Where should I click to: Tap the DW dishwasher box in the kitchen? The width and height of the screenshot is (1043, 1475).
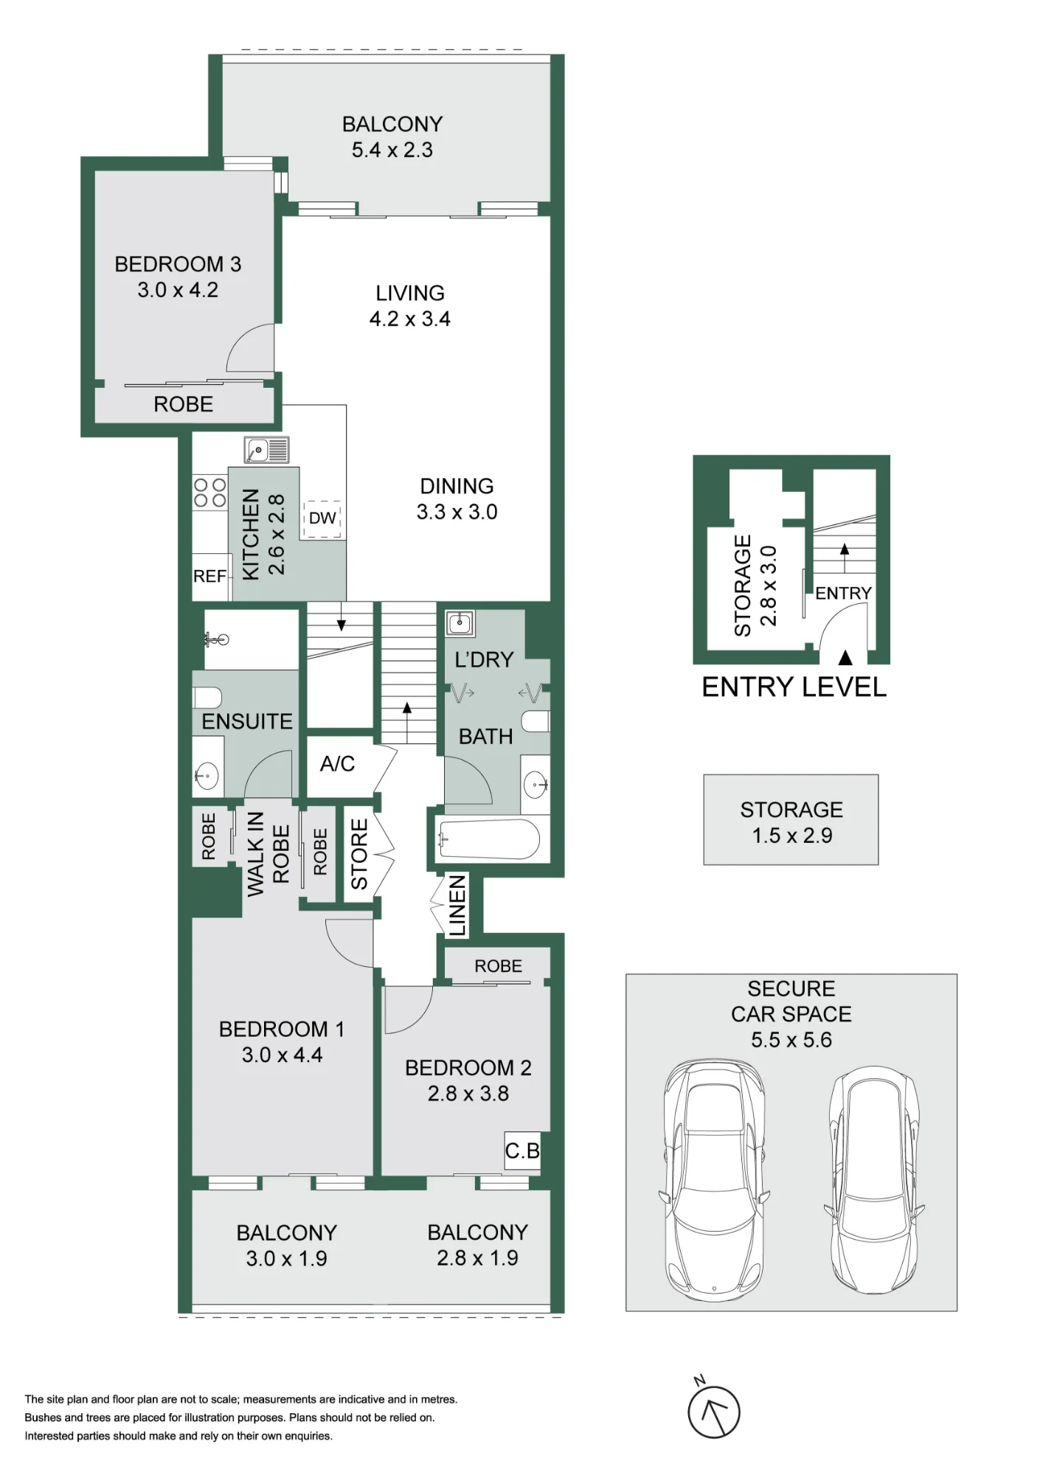[322, 517]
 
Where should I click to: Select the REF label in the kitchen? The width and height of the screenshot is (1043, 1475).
[209, 576]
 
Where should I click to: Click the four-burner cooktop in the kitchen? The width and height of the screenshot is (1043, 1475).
[209, 493]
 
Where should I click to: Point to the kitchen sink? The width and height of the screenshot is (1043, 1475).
[267, 450]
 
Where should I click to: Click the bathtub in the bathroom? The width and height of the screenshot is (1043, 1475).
[489, 839]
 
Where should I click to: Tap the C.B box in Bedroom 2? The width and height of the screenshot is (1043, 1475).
[522, 1150]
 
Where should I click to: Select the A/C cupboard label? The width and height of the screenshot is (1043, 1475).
[337, 763]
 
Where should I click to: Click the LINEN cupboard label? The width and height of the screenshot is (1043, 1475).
[457, 906]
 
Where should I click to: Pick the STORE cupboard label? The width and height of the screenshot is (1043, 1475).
[358, 854]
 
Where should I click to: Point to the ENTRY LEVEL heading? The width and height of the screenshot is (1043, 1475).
[794, 687]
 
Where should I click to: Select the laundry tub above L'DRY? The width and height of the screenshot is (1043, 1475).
[460, 623]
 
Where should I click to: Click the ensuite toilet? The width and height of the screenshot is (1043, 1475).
[207, 698]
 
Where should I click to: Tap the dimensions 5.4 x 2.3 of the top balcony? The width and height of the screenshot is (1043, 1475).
[392, 150]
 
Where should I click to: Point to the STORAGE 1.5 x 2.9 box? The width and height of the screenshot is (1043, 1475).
[791, 819]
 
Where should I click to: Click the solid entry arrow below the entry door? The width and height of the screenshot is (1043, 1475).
[845, 657]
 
